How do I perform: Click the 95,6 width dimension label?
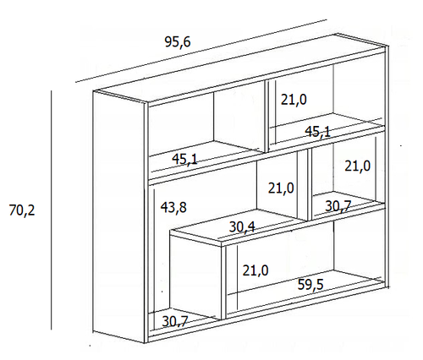(178, 42)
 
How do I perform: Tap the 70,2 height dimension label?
(22, 210)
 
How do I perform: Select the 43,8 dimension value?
(173, 207)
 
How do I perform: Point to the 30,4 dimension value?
(242, 226)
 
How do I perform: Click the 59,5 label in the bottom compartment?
(310, 285)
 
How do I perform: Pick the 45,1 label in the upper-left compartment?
(185, 160)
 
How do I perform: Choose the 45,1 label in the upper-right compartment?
(317, 132)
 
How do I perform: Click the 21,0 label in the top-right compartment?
(294, 100)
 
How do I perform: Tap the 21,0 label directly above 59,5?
(255, 270)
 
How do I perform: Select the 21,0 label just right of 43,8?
(281, 188)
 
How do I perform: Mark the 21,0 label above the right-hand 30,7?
(357, 166)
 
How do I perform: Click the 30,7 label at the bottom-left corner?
(175, 321)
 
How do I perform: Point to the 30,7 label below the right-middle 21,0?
(338, 206)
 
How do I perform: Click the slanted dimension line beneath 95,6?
(201, 51)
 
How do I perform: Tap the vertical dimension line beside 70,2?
(52, 210)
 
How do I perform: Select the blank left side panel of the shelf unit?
(118, 217)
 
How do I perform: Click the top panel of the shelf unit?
(239, 68)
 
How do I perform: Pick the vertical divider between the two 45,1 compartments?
(266, 116)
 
